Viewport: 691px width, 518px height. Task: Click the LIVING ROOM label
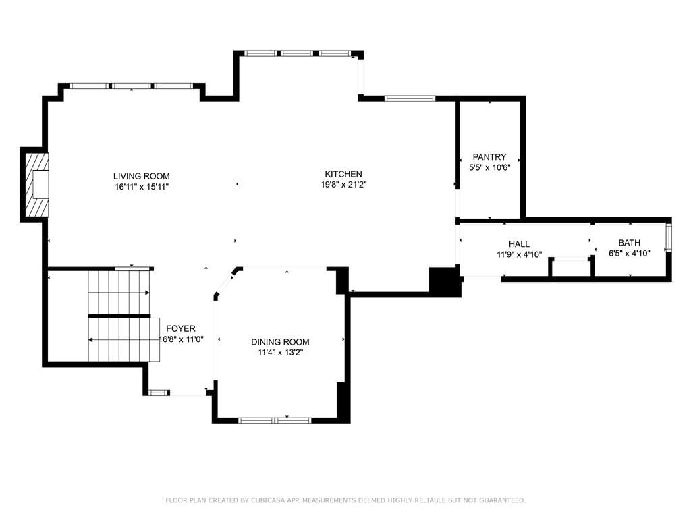142,176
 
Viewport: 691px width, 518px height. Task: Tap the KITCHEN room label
343,174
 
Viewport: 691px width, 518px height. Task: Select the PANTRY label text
489,156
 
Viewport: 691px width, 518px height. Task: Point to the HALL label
519,244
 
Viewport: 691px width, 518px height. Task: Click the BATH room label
630,243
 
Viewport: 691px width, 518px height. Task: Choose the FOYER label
181,328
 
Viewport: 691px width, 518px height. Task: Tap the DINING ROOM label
280,342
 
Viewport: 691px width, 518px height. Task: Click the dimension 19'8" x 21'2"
343,185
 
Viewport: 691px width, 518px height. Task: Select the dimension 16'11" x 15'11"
142,187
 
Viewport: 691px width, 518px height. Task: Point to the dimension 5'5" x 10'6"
490,167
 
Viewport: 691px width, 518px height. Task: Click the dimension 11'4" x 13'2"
280,352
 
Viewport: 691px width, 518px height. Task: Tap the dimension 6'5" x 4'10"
630,254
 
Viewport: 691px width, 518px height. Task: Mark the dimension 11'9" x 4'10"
519,254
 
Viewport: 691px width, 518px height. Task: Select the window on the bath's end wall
669,237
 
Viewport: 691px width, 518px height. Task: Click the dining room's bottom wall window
275,420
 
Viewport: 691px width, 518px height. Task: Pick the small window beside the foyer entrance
159,392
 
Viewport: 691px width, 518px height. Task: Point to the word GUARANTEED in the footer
502,500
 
